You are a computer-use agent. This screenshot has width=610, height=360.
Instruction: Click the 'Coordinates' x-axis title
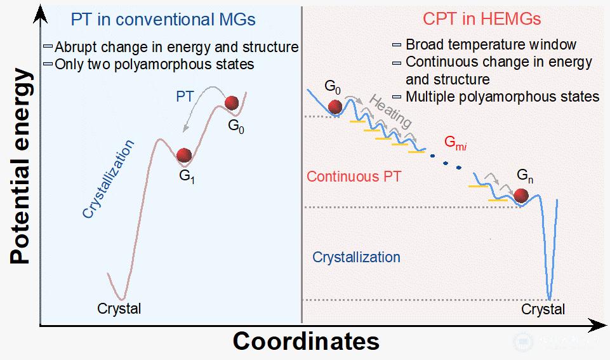(305, 341)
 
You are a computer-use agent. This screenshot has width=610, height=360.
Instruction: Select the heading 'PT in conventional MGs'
(163, 19)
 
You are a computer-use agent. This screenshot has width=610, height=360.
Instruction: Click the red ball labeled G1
(184, 155)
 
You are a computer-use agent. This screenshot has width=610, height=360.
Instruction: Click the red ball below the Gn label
(522, 195)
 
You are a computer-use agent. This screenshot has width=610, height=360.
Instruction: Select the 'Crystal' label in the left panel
(119, 309)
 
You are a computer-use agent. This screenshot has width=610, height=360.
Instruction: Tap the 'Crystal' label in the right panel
(543, 309)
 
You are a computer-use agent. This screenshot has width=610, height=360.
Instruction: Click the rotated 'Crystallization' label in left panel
(109, 180)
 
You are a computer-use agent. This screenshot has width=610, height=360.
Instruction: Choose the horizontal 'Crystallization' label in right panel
(356, 257)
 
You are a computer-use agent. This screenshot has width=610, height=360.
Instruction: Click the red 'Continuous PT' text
(354, 177)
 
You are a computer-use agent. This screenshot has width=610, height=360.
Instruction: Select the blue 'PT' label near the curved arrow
(185, 97)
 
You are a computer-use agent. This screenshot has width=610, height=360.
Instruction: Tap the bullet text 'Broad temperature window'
(491, 44)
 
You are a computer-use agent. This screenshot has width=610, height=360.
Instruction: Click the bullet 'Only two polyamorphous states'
(154, 64)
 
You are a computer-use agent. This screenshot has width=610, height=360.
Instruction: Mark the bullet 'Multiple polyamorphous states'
(502, 97)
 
